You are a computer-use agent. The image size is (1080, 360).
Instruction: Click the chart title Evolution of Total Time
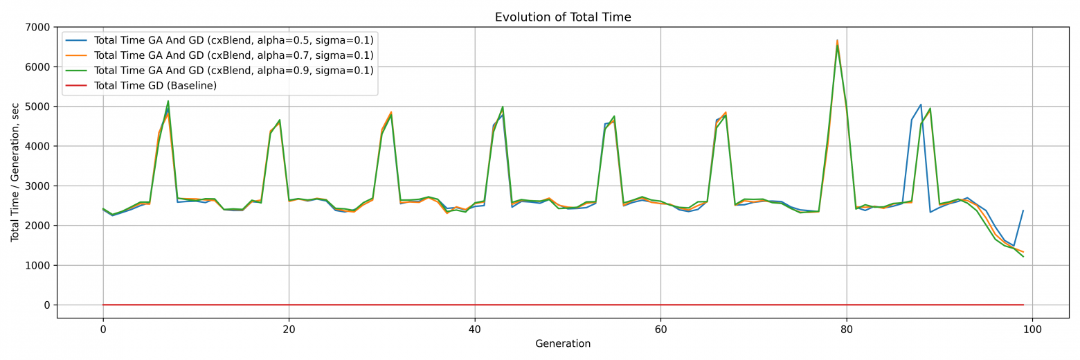pos(563,17)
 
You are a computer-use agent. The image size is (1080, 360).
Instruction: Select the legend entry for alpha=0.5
pos(233,40)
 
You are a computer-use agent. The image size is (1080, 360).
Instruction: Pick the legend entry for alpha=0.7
pos(233,55)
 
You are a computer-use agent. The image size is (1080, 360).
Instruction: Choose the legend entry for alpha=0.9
pos(233,71)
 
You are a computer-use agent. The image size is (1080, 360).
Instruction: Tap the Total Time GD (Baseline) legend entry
pos(155,86)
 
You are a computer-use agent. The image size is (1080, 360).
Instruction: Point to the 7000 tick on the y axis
pos(38,28)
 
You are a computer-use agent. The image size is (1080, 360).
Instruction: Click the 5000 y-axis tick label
pos(38,107)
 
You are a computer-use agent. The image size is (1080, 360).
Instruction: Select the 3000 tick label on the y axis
pos(38,186)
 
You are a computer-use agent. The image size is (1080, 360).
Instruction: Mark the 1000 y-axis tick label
pos(38,266)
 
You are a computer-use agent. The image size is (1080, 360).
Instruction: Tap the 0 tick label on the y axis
pos(47,305)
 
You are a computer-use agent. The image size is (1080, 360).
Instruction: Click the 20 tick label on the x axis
pos(289,330)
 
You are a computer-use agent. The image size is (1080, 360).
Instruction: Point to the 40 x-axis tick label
pos(475,330)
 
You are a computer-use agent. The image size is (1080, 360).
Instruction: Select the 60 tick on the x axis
pos(660,330)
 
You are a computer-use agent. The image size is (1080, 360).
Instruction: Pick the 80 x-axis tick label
pos(847,330)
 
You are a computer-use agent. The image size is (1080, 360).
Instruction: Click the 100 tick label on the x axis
pos(1032,330)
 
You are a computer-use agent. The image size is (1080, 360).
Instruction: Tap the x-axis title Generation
pos(563,344)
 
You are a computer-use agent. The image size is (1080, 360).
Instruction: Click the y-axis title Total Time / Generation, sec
pos(15,172)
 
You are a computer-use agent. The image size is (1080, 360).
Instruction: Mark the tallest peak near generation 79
pos(837,41)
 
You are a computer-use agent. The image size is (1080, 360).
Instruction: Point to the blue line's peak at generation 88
pos(921,105)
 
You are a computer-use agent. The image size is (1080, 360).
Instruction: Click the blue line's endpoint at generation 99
pos(1023,210)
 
